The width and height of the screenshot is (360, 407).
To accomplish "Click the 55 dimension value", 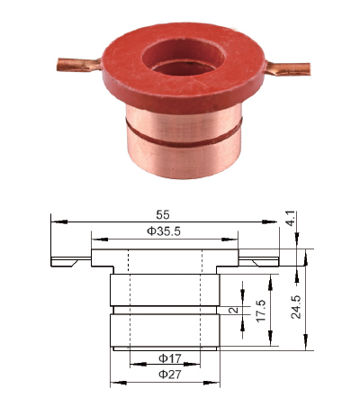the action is pyautogui.click(x=163, y=215).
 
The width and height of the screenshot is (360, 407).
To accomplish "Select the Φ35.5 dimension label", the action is pyautogui.click(x=164, y=231).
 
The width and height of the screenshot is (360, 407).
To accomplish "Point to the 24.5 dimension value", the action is pyautogui.click(x=296, y=307).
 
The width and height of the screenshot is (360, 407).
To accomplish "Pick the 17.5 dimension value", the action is pyautogui.click(x=261, y=311).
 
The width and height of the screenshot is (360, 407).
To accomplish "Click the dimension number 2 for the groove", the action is pyautogui.click(x=233, y=310).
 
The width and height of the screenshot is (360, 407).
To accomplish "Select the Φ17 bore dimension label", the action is pyautogui.click(x=170, y=358).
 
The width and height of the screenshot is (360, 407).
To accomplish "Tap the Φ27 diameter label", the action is pyautogui.click(x=170, y=375).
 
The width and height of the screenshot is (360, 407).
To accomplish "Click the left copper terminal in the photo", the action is pyautogui.click(x=79, y=65).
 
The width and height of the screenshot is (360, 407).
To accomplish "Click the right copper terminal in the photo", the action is pyautogui.click(x=288, y=68).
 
